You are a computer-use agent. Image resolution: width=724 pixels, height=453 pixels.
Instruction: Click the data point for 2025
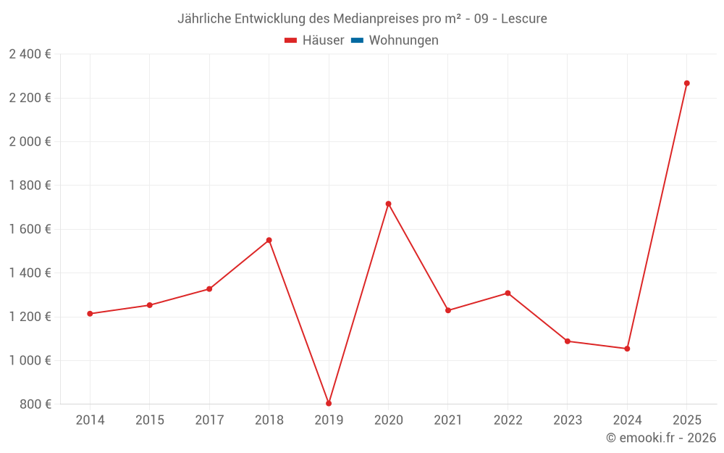(x=686, y=83)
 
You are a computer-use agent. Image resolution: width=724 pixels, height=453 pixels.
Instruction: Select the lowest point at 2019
(x=329, y=403)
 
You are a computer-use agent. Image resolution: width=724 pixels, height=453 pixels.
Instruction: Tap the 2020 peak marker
(x=388, y=204)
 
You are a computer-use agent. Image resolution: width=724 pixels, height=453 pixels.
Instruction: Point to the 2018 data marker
(x=269, y=240)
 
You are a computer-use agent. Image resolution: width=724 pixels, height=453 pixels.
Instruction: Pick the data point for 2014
(x=90, y=314)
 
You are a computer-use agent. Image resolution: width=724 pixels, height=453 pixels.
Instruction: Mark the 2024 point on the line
(x=627, y=349)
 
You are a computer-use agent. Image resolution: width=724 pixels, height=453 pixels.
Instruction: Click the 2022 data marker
(x=508, y=293)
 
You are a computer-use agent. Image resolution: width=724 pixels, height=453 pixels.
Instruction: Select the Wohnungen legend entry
(x=403, y=41)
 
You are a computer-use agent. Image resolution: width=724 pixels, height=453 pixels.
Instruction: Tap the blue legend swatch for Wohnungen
(x=357, y=41)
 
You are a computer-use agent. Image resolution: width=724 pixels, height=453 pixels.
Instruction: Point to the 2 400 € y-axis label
(x=30, y=54)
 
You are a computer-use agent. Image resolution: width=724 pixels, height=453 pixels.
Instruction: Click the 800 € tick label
(x=35, y=404)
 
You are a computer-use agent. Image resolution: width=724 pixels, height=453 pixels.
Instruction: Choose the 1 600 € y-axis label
(x=30, y=229)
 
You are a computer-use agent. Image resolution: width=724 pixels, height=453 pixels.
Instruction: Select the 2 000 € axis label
(x=30, y=141)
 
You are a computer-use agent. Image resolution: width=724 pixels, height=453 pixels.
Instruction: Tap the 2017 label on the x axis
(x=209, y=420)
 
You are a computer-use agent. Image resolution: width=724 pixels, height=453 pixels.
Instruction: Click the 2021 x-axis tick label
(x=448, y=420)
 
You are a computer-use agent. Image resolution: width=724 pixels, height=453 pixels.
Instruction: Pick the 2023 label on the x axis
(x=567, y=420)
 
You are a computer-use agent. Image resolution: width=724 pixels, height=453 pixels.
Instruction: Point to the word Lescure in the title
(x=524, y=18)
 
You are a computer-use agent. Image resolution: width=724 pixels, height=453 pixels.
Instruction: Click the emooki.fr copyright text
(x=661, y=438)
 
